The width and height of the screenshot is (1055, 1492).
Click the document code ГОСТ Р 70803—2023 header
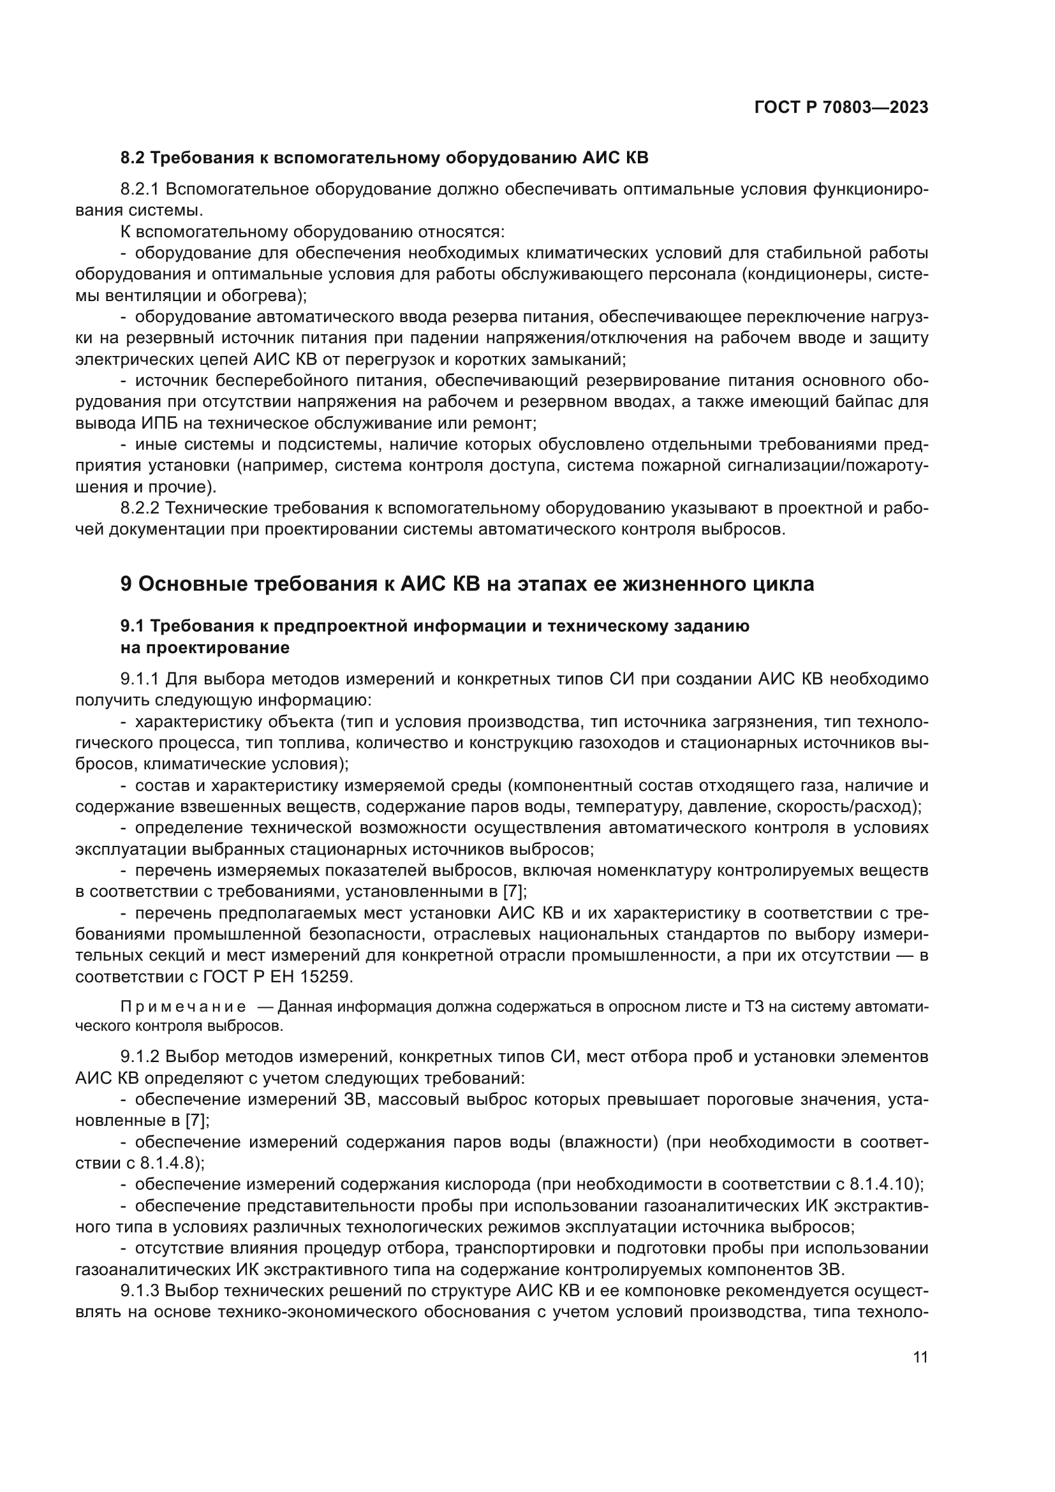click(x=841, y=108)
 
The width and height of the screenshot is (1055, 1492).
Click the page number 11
click(x=920, y=1357)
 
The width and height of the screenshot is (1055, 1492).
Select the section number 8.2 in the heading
click(x=133, y=158)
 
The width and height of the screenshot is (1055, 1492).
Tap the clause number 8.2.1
click(x=140, y=189)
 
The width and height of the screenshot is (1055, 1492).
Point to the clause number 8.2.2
click(x=140, y=508)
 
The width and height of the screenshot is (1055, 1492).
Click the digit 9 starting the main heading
click(x=127, y=584)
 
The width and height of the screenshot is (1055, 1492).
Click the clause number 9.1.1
click(x=140, y=679)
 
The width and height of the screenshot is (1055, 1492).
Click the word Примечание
click(x=183, y=1007)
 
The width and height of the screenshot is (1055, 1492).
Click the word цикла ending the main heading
click(x=783, y=584)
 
